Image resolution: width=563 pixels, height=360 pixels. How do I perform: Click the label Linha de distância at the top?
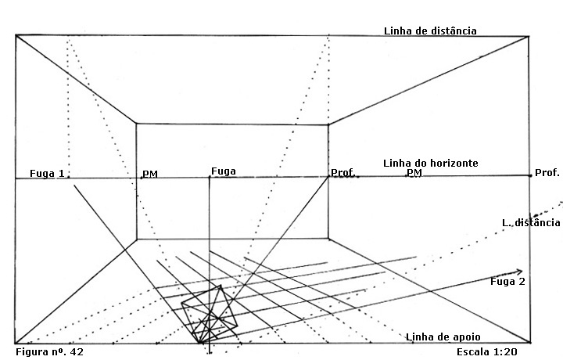pos(429,31)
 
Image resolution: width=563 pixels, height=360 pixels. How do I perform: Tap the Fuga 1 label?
pos(46,173)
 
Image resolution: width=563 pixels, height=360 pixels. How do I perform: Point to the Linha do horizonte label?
pos(430,163)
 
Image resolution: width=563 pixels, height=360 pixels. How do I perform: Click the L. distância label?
pos(531,223)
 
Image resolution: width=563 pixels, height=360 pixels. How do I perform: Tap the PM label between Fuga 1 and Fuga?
pos(149,174)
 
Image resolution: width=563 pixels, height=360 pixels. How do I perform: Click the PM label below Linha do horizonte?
pos(414,173)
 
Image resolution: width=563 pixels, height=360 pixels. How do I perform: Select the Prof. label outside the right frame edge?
pos(547,172)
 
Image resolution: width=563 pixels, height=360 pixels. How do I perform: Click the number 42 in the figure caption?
pos(76,352)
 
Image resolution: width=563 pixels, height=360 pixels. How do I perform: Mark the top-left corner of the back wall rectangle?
pos(137,124)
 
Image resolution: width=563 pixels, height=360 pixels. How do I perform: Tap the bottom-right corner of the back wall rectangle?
pos(328,239)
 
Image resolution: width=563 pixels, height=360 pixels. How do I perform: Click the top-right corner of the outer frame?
pos(529,35)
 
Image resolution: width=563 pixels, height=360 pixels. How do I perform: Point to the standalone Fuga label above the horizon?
pos(224,171)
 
